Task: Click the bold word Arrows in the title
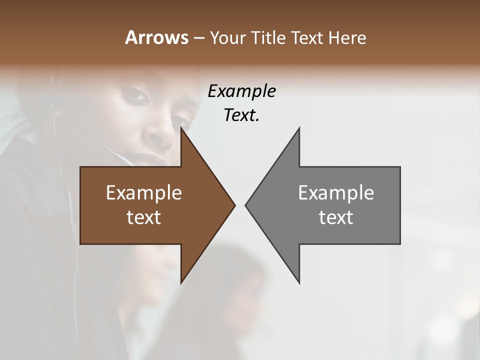(x=156, y=37)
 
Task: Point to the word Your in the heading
(x=228, y=37)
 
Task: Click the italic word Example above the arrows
(x=241, y=91)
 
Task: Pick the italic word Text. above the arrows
(x=241, y=115)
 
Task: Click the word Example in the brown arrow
(x=144, y=192)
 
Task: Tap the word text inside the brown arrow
(x=144, y=217)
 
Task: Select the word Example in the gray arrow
(x=336, y=192)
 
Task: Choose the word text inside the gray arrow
(x=336, y=217)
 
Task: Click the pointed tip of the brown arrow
(x=234, y=205)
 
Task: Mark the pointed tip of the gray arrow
(x=246, y=205)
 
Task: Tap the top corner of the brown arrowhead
(x=181, y=128)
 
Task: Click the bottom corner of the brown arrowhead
(x=181, y=282)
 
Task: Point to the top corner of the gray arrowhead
(x=299, y=128)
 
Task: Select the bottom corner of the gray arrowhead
(x=299, y=282)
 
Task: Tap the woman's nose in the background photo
(x=159, y=131)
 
